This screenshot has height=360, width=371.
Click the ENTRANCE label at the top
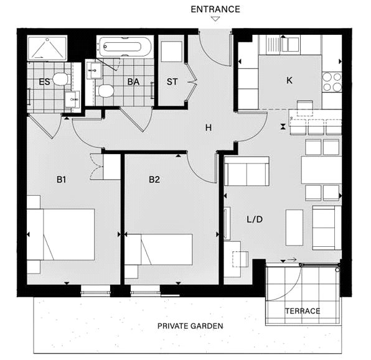215,9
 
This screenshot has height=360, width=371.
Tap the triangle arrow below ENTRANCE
215,19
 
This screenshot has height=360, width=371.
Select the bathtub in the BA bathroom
125,47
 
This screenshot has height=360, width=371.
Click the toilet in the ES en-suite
60,79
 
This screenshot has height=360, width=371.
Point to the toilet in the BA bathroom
105,91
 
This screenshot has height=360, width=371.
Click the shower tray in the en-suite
47,48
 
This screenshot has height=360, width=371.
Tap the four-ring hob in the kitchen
332,82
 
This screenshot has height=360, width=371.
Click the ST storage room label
172,82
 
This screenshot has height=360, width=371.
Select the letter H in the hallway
208,127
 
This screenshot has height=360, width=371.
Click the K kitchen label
289,80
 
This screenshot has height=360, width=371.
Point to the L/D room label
255,219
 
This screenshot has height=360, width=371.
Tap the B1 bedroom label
61,180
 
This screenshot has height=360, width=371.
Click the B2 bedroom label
154,180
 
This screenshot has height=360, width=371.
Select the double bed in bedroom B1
61,234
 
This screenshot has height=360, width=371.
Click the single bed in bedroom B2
159,249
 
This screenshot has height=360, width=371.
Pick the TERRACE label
303,311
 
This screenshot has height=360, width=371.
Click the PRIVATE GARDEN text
190,326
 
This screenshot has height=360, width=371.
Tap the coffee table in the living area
294,228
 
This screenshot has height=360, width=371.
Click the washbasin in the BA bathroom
95,70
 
